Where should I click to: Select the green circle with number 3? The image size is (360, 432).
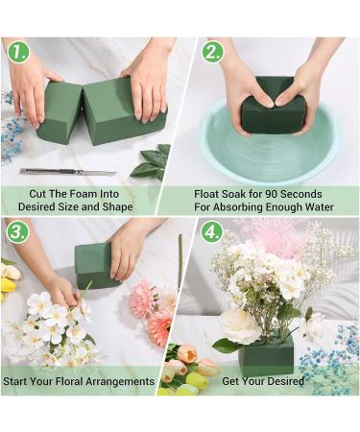[x=16, y=232]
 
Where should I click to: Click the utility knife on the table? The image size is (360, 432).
[x=66, y=172]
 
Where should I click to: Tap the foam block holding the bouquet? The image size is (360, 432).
[x=266, y=354]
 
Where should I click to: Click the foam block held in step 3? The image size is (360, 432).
[x=95, y=263]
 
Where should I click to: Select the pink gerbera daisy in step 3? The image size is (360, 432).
[x=145, y=300]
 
